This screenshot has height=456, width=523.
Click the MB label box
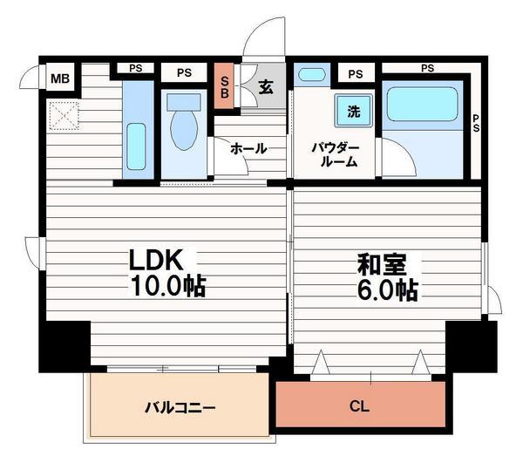pos(59,80)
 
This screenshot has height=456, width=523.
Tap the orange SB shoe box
pos(224,87)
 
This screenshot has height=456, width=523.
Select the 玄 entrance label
pos(264,87)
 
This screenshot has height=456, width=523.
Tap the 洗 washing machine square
pos(354,111)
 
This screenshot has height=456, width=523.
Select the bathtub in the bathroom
pos(422,105)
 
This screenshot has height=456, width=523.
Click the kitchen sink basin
pos(136,140)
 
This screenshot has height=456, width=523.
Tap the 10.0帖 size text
pos(167,285)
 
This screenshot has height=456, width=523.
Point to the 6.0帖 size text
pos(386,289)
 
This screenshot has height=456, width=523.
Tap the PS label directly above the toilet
pos(184,73)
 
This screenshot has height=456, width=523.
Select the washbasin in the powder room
pos(312,75)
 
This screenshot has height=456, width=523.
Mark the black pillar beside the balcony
pos(65,345)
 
